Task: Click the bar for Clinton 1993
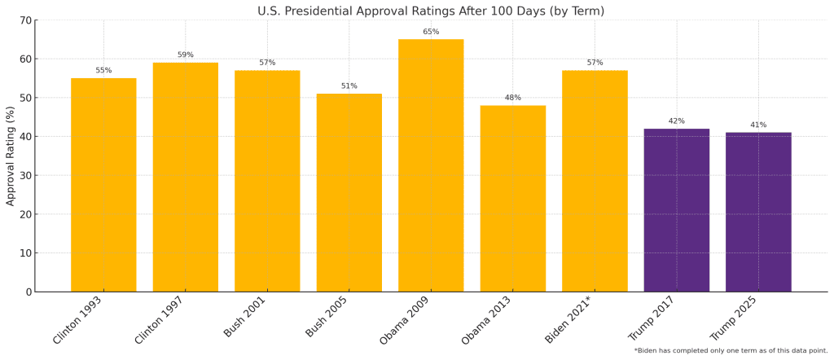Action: coord(103,185)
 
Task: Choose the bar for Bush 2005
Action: coord(349,192)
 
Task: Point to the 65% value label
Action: coord(431,32)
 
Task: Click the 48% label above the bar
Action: coord(512,98)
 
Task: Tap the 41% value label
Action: coord(758,125)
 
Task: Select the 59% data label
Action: coord(186,55)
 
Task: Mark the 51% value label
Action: coord(349,86)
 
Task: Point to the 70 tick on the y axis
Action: coord(27,20)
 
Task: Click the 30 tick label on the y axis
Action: coord(27,175)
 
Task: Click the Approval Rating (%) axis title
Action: coord(10,156)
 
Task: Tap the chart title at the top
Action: coord(431,11)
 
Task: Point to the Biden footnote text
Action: coord(731,350)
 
